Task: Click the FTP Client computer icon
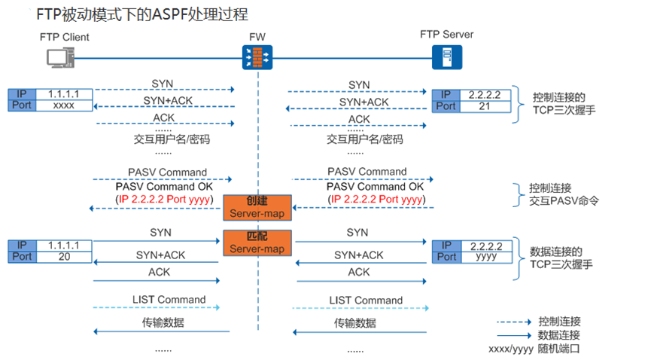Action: tap(61, 57)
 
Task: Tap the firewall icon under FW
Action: tap(257, 57)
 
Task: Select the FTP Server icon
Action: tap(447, 57)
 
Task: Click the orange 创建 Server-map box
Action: tap(257, 207)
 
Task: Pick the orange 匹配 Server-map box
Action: tap(257, 243)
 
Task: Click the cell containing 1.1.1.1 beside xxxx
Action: tap(64, 94)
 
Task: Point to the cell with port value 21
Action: tap(485, 106)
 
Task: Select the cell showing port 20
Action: tap(64, 257)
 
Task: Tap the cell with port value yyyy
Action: tap(486, 258)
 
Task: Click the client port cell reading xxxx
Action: tap(64, 105)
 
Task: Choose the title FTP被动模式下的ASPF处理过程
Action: tap(142, 14)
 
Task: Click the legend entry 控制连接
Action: tap(559, 322)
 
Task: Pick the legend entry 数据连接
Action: tap(559, 335)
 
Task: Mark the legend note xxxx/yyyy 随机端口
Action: tap(534, 349)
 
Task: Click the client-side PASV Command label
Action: tap(167, 172)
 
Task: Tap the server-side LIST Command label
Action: tap(366, 301)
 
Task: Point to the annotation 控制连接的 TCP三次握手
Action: tap(564, 104)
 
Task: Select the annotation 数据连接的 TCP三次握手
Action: tap(561, 258)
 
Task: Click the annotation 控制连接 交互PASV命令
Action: tap(564, 194)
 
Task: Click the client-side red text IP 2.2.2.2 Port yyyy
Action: tap(164, 200)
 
